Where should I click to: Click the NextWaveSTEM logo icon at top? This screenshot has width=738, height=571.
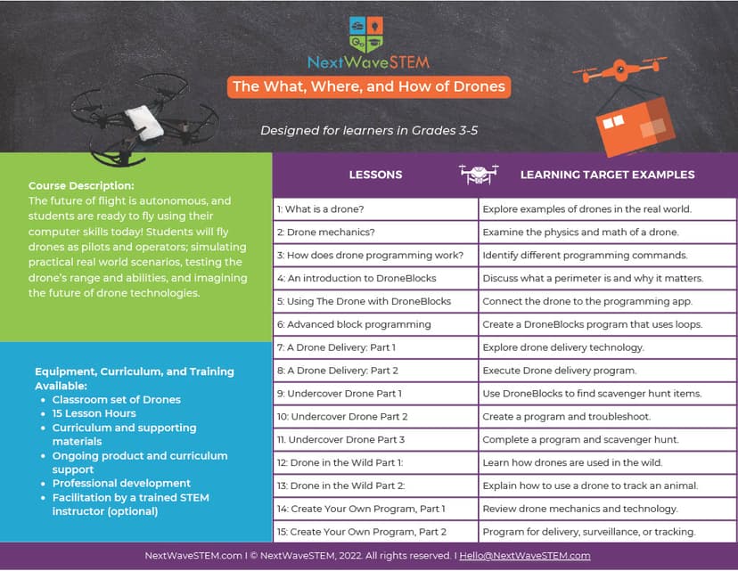point(367,33)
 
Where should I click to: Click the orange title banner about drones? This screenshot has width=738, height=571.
point(368,86)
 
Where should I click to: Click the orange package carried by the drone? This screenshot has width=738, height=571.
point(635,124)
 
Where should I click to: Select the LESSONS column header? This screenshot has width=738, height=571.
point(375,175)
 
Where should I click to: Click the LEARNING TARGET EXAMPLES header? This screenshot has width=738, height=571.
point(607,175)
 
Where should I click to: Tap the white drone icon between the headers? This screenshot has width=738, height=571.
point(479,174)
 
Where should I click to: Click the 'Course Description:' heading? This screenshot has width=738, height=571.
point(81,186)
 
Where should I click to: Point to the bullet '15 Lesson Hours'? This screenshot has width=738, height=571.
point(94,413)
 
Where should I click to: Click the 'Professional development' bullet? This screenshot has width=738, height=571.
point(116,484)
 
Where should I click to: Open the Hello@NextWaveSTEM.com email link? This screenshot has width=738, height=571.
point(525,556)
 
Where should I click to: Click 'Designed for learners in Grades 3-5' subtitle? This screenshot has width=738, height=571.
point(369,130)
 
